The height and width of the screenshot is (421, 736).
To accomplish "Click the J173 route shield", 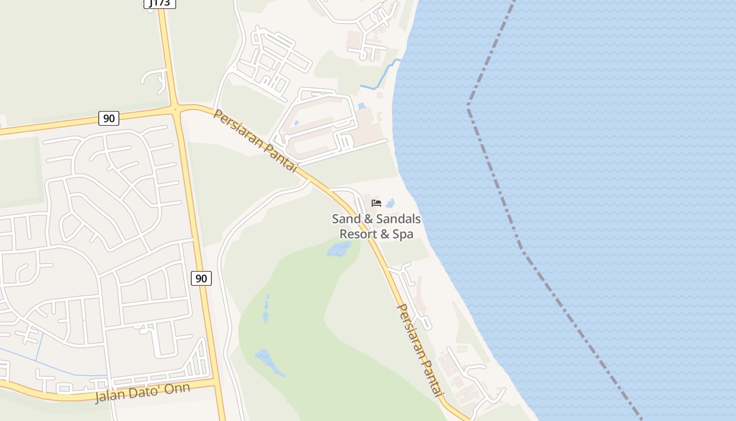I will click(159, 3).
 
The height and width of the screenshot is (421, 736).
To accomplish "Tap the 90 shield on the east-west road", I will click(109, 118).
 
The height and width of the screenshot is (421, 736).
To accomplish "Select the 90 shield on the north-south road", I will click(201, 278).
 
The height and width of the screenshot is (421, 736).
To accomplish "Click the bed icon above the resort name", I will click(376, 203).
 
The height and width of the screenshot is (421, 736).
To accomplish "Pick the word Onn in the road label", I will click(177, 389).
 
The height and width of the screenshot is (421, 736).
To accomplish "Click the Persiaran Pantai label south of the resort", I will click(420, 350).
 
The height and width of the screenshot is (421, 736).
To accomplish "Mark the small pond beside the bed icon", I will click(390, 204).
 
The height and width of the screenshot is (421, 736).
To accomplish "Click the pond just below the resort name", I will click(339, 248).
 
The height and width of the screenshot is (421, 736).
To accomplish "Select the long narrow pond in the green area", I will click(266, 309).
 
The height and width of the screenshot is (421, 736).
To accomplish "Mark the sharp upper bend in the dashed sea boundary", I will click(468, 104).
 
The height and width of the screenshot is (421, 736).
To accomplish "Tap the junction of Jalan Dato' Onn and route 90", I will click(216, 382).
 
